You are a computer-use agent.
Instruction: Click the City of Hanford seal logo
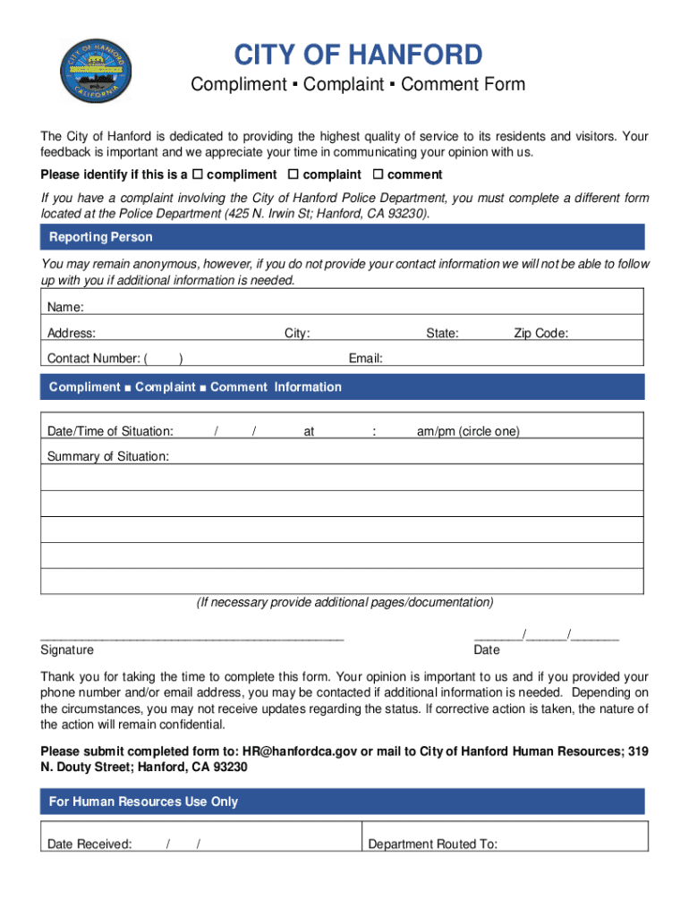pos(97,70)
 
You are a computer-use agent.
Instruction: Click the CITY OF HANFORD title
pos(358,55)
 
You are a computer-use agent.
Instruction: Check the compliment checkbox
pos(198,174)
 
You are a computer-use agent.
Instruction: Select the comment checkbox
pos(378,174)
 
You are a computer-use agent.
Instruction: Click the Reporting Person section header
pos(100,237)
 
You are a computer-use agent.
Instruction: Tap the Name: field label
pos(65,308)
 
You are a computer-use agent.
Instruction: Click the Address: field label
pos(72,334)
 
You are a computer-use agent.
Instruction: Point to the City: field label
pos(297,334)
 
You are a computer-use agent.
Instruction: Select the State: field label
pos(442,334)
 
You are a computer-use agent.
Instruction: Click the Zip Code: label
pos(540,334)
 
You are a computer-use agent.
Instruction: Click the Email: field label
pos(365,359)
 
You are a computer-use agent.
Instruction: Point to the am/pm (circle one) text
pos(467,431)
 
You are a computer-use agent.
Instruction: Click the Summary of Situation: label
pos(107,456)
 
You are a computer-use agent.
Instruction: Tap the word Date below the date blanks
pos(487,650)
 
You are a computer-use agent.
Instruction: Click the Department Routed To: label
pos(433,844)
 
